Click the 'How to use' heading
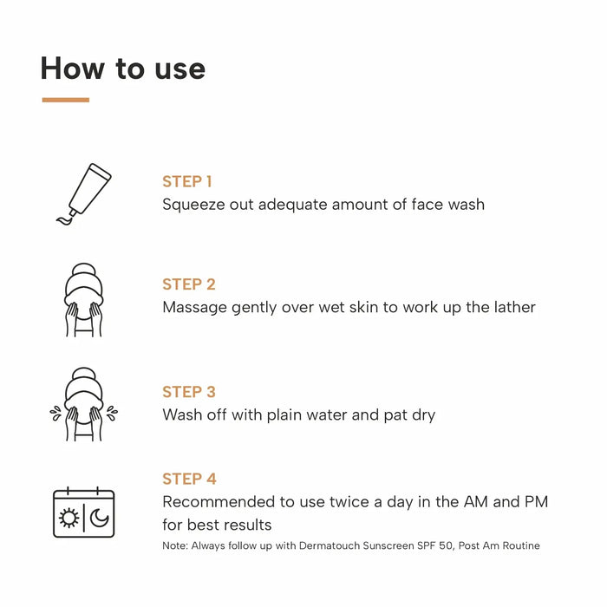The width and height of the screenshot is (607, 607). pos(122,69)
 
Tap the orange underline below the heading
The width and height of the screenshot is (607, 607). pos(65,100)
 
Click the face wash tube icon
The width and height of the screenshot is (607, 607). pos(83,193)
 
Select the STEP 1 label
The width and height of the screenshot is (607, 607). pos(186,181)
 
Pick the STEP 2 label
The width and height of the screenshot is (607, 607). pos(188,284)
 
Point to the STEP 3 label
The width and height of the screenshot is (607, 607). pos(188,392)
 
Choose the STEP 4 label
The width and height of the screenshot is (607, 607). pos(189,479)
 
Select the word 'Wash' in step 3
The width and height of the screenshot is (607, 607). pos(181,414)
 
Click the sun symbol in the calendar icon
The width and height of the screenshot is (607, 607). pos(69,518)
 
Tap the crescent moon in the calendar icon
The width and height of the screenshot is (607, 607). pos(99,518)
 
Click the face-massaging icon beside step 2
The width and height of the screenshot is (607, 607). pos(83,299)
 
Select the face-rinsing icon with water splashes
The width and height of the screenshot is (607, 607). pos(83,404)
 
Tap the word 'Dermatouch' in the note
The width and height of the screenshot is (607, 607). pos(317,545)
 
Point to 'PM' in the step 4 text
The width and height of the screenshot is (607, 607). pos(535,502)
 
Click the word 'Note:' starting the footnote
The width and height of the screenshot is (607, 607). pos(174,545)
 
